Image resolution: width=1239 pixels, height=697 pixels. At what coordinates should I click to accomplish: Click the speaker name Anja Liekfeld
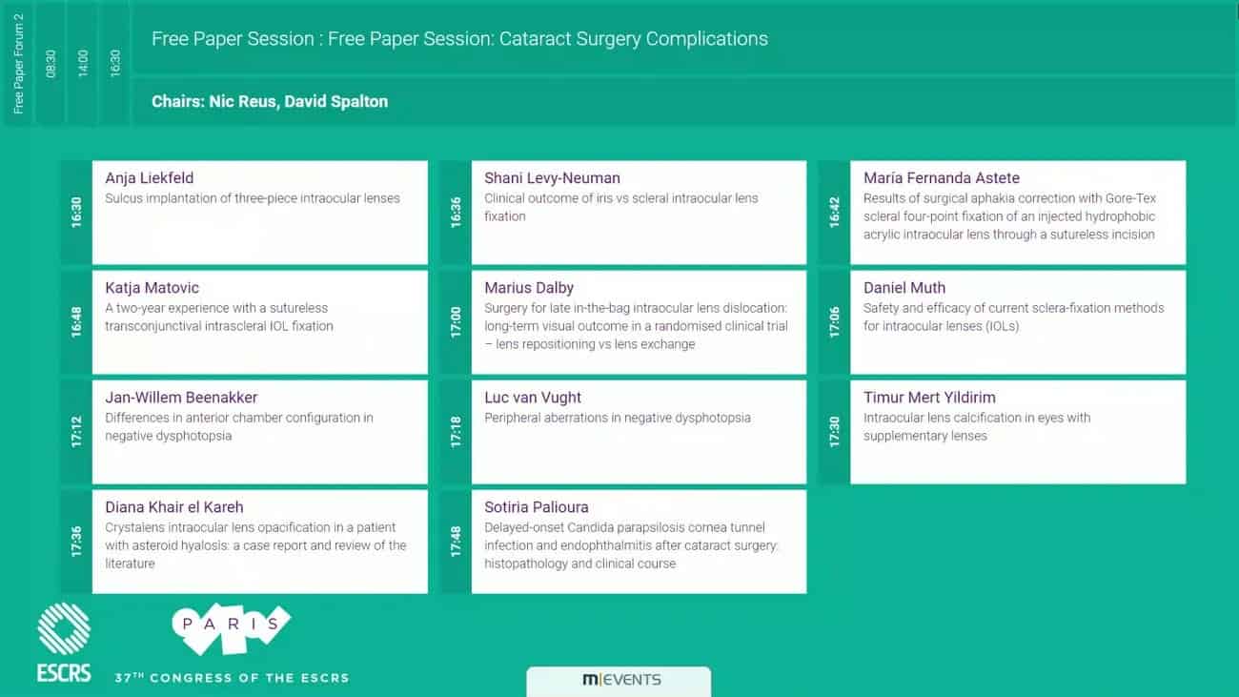[x=150, y=178]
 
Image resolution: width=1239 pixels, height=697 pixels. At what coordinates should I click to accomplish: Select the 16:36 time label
[x=456, y=213]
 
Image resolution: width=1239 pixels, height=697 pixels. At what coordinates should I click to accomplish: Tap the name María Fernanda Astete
[x=942, y=178]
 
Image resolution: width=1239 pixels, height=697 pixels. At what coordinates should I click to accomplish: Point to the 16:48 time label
[x=76, y=322]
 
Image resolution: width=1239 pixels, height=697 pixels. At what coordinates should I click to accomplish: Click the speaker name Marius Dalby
[x=529, y=288]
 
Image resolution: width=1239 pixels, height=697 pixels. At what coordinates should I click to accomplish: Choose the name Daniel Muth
[x=904, y=288]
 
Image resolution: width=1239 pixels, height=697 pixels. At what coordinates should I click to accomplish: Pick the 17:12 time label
[x=76, y=432]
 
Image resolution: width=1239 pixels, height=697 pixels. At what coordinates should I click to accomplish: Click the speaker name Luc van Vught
[x=533, y=398]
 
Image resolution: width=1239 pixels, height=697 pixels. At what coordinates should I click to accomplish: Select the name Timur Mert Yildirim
[x=929, y=398]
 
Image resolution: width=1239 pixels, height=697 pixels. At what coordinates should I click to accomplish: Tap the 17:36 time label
[x=76, y=542]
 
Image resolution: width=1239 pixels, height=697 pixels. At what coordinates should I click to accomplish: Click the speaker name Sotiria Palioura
[x=536, y=507]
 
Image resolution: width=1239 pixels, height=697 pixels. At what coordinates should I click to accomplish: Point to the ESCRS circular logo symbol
[x=64, y=629]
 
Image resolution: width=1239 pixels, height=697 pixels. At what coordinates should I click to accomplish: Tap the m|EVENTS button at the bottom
[x=619, y=681]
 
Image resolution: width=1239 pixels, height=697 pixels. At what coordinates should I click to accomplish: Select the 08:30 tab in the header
[x=51, y=64]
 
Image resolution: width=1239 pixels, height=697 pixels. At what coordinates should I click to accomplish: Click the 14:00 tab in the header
[x=82, y=64]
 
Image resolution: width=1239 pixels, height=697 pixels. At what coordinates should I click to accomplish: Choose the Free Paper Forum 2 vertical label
[x=18, y=64]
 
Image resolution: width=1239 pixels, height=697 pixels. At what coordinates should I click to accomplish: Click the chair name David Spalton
[x=335, y=102]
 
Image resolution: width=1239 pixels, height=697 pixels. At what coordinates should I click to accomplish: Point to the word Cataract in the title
[x=535, y=39]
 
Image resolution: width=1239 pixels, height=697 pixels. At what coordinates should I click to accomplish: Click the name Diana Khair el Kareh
[x=174, y=507]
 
